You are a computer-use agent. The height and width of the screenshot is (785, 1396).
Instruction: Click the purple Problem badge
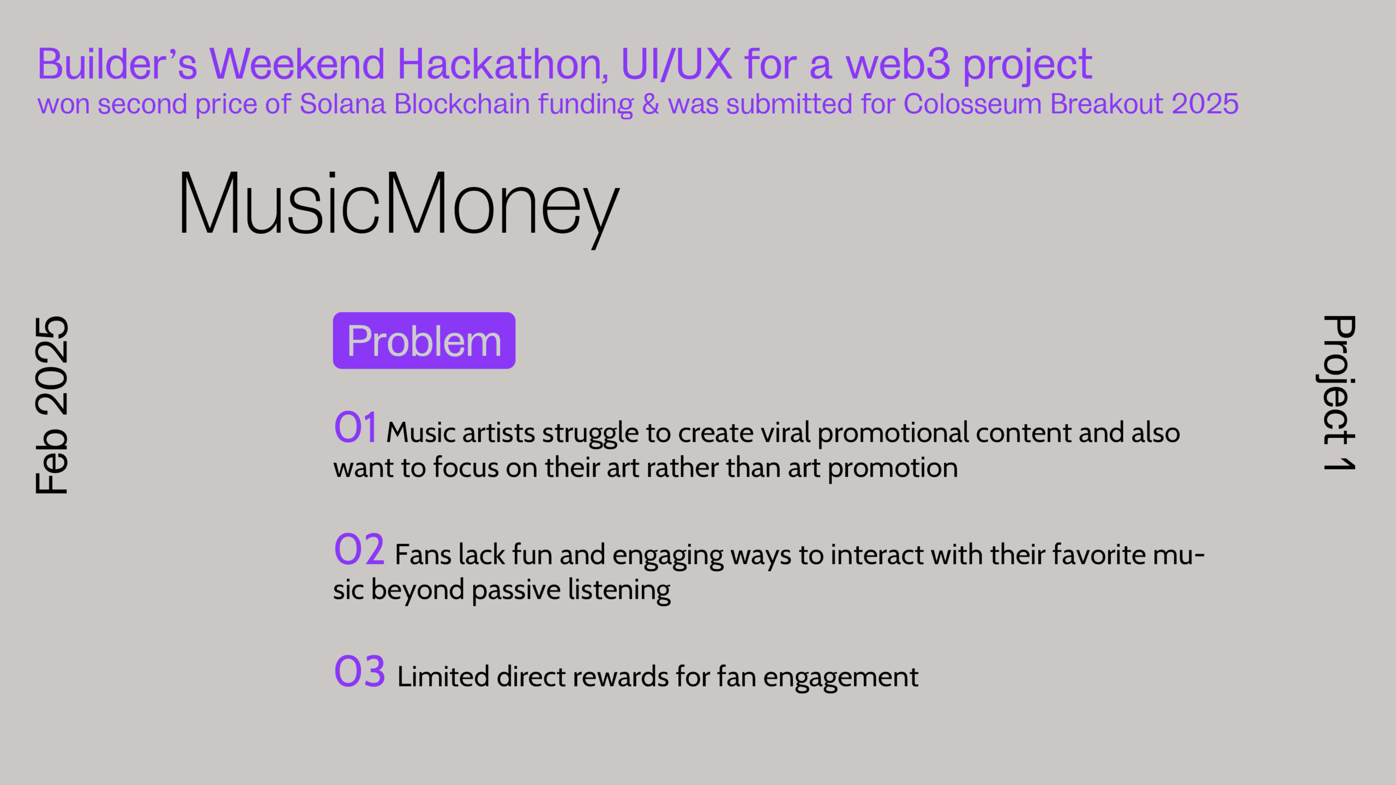point(424,341)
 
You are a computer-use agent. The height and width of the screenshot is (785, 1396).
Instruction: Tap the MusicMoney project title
point(399,207)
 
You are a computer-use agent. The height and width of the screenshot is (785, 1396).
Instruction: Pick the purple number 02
point(359,549)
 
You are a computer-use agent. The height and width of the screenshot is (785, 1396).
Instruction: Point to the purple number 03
point(359,671)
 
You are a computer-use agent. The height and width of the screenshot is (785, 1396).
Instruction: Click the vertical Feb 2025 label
point(52,405)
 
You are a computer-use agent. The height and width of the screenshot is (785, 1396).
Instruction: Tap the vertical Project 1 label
point(1339,392)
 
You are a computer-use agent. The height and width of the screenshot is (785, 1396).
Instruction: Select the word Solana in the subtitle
point(343,104)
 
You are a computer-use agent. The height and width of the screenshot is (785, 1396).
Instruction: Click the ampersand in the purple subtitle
point(651,104)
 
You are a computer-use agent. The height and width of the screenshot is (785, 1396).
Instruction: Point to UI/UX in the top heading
point(676,64)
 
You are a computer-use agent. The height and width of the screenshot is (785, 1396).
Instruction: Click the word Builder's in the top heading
point(117,64)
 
